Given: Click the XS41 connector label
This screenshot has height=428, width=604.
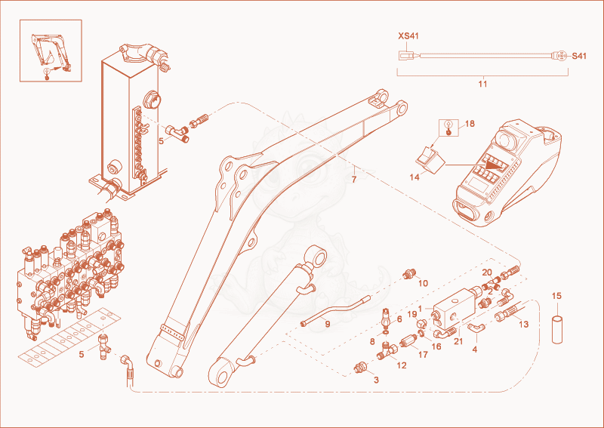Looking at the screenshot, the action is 408,36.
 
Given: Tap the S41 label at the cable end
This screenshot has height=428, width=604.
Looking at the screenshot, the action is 578,57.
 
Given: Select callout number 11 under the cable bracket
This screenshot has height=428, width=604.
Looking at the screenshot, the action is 482,84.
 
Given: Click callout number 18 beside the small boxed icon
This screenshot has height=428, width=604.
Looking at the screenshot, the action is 470,124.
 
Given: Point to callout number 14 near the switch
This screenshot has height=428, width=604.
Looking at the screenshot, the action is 414,177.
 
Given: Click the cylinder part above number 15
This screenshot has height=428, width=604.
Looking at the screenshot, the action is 557,329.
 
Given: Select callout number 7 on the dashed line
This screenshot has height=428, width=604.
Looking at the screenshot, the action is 354,179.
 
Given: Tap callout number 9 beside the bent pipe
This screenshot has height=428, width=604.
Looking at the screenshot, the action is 328,325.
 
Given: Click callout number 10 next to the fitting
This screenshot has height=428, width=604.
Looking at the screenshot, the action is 423,284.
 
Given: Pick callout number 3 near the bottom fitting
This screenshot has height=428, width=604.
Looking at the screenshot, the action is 376,380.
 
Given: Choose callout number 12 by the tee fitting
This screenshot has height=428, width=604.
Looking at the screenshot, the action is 402,365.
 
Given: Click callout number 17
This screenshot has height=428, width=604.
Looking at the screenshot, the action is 423,355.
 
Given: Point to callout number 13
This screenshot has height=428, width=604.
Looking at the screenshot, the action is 523,325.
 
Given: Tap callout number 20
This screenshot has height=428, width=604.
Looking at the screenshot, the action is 487,273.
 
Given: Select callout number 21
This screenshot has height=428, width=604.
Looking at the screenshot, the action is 458,341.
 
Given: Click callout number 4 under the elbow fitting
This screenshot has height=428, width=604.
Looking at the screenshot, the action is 475,349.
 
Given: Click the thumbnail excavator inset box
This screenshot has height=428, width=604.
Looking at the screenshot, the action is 51,51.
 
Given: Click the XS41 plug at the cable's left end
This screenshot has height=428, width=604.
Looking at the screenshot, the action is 406,56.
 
